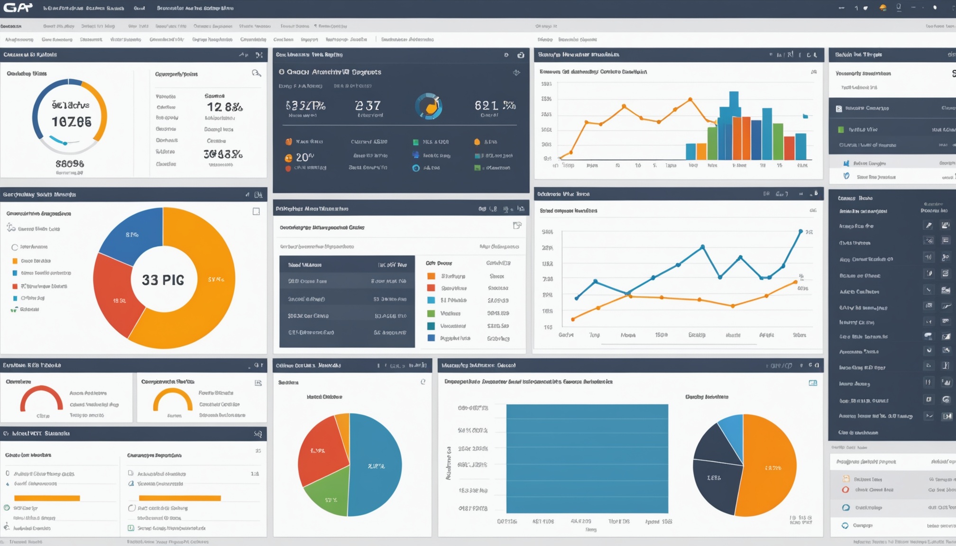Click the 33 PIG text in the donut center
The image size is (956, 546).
pos(163,280)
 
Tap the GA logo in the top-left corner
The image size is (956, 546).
pos(18,8)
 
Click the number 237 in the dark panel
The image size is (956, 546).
pos(368,105)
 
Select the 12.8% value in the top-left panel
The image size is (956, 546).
pos(225,107)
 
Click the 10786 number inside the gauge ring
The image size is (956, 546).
pos(71,122)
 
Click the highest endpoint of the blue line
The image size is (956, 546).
pos(800,231)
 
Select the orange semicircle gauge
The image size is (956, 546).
pos(173,399)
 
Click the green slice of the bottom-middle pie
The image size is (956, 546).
pos(326,498)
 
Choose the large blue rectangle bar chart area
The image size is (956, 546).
pos(587,458)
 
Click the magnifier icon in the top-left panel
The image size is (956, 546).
pos(256,73)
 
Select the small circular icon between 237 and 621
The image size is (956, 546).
pos(429,106)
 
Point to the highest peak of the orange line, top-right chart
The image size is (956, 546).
pos(690,100)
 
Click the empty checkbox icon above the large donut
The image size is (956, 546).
pos(256,211)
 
